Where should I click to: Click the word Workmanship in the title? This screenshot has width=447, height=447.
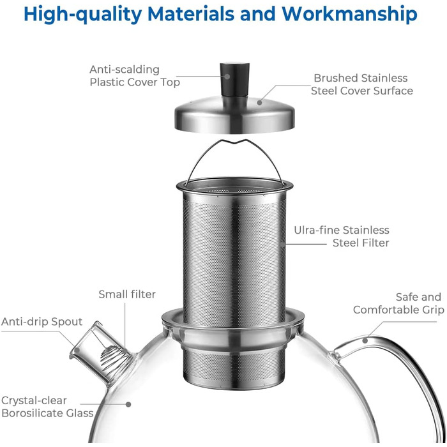[x=349, y=14]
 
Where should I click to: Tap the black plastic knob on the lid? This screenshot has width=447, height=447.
[x=234, y=80]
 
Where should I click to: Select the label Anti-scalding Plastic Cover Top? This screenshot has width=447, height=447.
[x=135, y=76]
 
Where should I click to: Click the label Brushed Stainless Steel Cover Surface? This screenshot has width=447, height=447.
[x=362, y=84]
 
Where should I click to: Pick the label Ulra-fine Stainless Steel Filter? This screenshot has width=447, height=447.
[x=342, y=236]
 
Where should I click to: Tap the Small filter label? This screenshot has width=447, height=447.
[x=127, y=294]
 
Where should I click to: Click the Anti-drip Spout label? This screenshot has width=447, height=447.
[x=42, y=322]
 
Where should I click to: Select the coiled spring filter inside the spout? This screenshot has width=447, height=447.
[x=110, y=356]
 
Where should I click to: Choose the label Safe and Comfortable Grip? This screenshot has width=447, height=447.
[x=398, y=303]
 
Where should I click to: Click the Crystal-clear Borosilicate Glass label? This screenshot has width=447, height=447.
[x=48, y=407]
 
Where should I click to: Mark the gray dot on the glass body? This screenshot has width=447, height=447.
[x=128, y=404]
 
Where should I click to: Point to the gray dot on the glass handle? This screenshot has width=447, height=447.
[x=365, y=340]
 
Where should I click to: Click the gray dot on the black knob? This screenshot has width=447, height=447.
[x=227, y=77]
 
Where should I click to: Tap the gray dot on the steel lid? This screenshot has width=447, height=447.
[x=259, y=102]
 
